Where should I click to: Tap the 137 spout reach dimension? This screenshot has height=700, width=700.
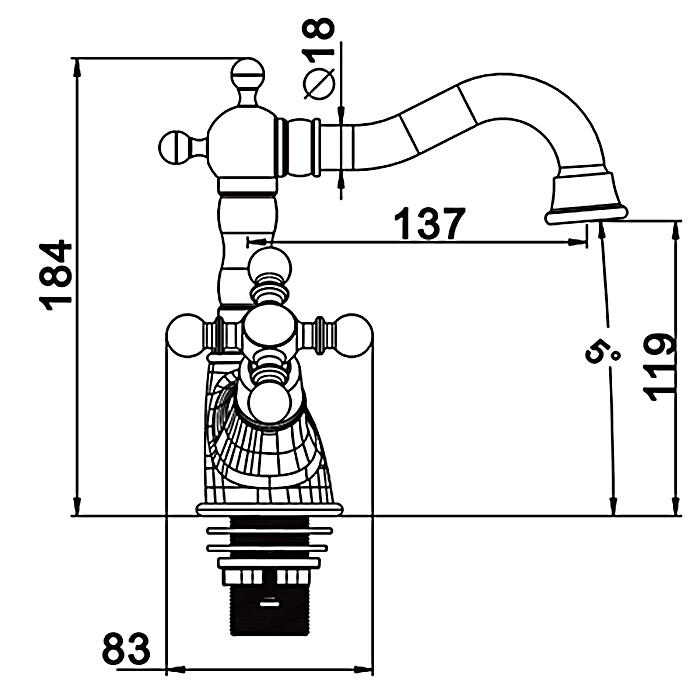click(x=430, y=223)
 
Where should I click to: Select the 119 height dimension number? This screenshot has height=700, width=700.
click(x=659, y=367)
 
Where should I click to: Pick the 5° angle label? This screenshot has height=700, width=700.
click(x=601, y=350)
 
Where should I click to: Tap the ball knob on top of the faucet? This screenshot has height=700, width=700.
click(x=248, y=74)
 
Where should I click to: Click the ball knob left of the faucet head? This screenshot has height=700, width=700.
click(x=175, y=147)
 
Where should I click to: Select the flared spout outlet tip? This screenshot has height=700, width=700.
click(x=585, y=199)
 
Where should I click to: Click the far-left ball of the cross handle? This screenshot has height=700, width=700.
click(x=183, y=336)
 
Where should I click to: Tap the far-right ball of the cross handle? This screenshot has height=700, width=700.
click(x=354, y=336)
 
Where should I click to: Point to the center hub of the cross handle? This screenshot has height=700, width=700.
click(x=270, y=329)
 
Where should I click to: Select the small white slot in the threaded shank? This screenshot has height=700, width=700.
click(x=270, y=604)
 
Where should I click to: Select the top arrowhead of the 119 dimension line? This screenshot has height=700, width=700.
click(x=677, y=231)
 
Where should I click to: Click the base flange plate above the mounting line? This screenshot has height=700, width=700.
click(x=269, y=509)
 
